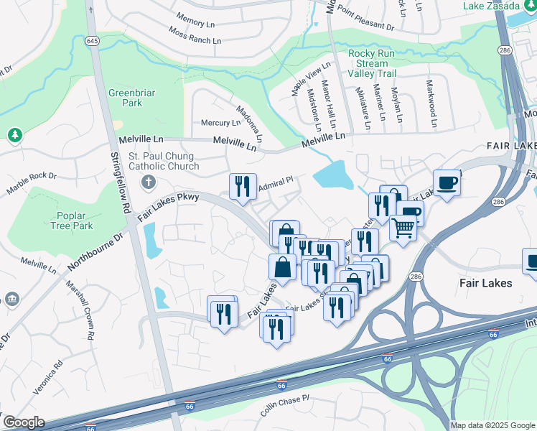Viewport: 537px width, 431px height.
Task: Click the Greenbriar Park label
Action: pos(126,98)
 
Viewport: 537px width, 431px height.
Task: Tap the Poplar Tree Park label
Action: pos(73,221)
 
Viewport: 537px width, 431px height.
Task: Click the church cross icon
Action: pos(149,180)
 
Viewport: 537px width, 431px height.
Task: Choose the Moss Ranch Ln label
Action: pos(195,35)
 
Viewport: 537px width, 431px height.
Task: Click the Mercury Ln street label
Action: pos(220,123)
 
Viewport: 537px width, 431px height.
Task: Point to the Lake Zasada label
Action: pos(491,5)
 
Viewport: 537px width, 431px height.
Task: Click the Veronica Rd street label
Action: pos(49,374)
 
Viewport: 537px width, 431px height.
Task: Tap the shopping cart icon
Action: pos(403,228)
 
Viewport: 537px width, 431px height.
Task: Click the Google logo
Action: pos(24,422)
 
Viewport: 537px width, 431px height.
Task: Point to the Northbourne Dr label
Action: pos(95,249)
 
